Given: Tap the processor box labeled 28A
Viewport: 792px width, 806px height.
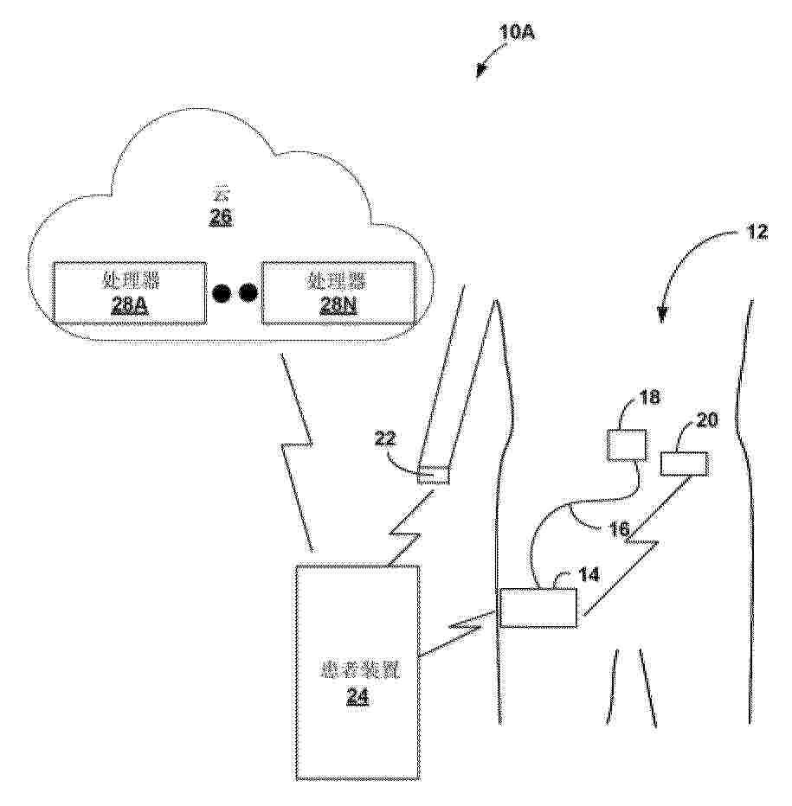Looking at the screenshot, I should point(129,292).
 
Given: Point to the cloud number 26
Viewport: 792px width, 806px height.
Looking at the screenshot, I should point(221,218).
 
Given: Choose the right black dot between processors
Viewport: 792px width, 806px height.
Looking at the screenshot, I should point(248,293).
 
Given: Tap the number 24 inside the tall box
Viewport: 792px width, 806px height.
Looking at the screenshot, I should point(357,697).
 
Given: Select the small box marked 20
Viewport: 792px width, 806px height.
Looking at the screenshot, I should point(684,464).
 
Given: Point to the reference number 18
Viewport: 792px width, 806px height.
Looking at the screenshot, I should point(649,398).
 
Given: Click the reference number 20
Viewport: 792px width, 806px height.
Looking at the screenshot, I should point(707,421).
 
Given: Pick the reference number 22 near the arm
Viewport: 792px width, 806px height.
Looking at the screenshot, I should point(386,439).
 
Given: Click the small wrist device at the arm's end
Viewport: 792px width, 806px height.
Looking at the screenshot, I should point(434,474).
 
